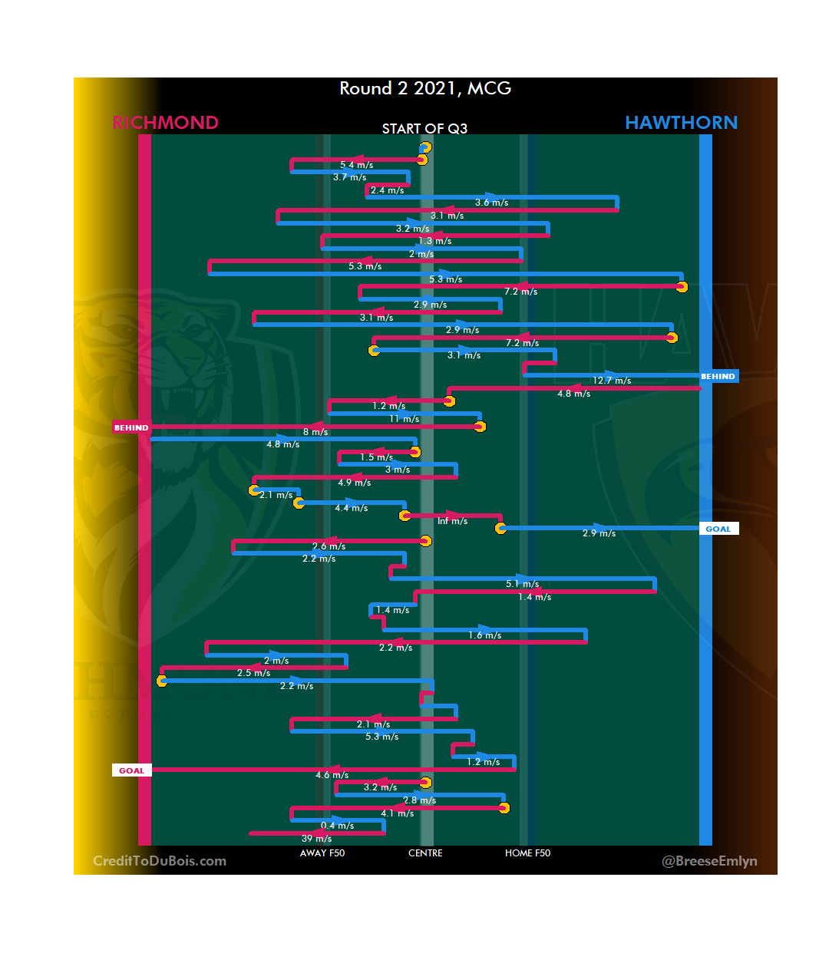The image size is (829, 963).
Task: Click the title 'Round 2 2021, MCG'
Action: (x=425, y=88)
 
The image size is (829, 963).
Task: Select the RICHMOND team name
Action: (x=166, y=123)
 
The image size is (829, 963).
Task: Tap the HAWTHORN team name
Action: (x=681, y=123)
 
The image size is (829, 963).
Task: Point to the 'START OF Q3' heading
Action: (x=424, y=129)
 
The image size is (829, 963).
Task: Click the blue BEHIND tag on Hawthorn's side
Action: (x=718, y=377)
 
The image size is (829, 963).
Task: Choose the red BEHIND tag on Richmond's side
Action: (x=131, y=428)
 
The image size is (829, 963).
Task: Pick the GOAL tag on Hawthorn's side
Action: (x=718, y=529)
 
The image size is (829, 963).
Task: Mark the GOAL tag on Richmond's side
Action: (x=131, y=770)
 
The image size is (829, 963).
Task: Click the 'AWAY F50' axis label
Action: (x=322, y=853)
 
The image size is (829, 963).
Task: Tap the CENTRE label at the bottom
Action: (x=425, y=853)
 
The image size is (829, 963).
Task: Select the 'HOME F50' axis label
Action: (x=527, y=853)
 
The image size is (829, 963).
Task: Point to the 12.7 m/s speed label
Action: (x=612, y=381)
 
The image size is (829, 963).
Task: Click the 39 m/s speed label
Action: (x=316, y=839)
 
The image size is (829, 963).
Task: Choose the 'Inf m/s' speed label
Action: (x=452, y=521)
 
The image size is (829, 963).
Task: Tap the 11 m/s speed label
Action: (x=404, y=419)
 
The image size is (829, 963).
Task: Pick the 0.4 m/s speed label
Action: (x=337, y=826)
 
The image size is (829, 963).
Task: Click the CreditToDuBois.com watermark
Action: (x=160, y=861)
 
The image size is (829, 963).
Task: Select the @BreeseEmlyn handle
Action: (x=709, y=861)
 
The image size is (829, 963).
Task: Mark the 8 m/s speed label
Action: (x=315, y=432)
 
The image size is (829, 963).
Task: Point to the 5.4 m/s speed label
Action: (x=356, y=165)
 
